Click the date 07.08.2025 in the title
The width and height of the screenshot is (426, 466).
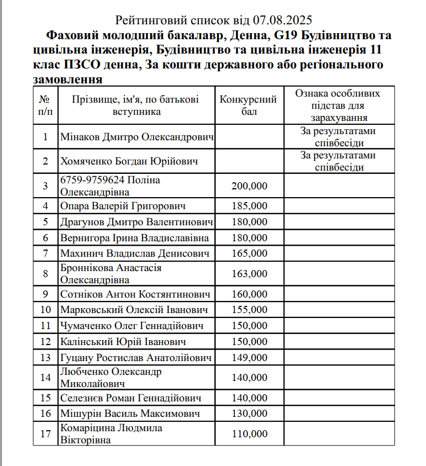point(283,21)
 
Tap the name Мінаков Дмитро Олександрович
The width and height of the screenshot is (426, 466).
point(136,136)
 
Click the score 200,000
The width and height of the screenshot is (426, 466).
point(249,186)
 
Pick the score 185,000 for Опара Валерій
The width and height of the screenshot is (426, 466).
point(249,206)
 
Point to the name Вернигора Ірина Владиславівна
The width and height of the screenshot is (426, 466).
point(135,238)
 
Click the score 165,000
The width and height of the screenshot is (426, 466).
point(249,254)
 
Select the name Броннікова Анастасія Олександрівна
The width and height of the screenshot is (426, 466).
point(111,274)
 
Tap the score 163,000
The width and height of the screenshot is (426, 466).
point(249,274)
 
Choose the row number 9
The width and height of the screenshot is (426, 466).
point(45,294)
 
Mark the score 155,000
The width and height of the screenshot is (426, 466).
point(249,310)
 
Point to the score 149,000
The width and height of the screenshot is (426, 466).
point(249,358)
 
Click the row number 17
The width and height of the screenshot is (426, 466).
point(45,434)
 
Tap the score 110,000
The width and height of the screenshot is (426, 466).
point(249,434)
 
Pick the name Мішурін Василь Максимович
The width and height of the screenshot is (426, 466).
point(130,414)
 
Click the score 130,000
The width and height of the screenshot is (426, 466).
point(249,414)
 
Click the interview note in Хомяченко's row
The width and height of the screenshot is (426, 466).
point(338,161)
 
